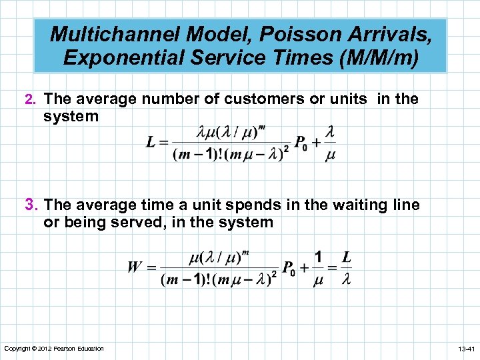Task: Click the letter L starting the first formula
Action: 152,141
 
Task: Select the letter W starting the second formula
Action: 133,268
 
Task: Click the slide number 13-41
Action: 465,349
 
